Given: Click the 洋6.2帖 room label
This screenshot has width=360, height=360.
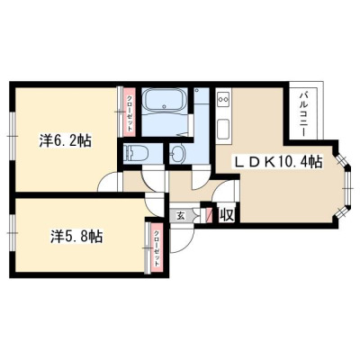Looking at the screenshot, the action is (66, 140).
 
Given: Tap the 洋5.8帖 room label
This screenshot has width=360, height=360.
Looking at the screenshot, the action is (76, 236).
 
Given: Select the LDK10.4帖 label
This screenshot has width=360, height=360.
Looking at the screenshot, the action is (279, 162).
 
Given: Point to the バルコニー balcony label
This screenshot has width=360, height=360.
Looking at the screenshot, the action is (303, 114).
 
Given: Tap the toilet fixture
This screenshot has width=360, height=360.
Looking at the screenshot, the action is (138, 153).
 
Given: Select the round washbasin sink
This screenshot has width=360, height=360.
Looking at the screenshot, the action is (177, 154).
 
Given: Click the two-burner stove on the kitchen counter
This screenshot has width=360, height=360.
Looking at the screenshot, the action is (223, 99).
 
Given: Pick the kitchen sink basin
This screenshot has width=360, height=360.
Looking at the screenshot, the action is (223, 129).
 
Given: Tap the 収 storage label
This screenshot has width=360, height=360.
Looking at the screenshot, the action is (227, 215).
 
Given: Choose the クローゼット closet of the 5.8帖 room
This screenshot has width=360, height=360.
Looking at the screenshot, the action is (157, 247).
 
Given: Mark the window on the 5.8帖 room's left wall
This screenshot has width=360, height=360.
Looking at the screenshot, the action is (12, 233).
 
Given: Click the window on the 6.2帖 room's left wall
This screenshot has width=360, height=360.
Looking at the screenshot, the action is (12, 136).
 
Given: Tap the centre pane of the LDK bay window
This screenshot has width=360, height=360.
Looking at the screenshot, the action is (347, 188).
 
